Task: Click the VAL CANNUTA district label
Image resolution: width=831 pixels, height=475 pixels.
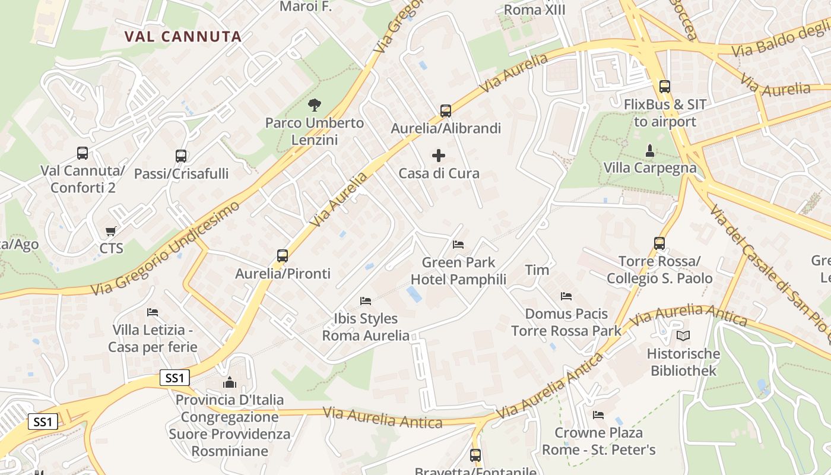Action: (x=183, y=37)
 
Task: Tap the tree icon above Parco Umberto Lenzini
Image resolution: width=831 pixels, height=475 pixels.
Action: (x=315, y=105)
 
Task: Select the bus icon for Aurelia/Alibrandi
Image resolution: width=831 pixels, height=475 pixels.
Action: (x=446, y=110)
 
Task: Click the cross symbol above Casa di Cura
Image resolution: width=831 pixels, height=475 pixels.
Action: (x=439, y=156)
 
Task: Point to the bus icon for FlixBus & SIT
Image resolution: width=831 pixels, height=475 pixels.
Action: (x=665, y=87)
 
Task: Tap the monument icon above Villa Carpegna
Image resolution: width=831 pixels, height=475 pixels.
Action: (x=650, y=150)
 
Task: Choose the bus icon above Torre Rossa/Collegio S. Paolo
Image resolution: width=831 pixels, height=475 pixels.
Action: (x=659, y=243)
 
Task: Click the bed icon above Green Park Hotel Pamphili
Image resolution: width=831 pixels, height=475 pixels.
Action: (x=458, y=244)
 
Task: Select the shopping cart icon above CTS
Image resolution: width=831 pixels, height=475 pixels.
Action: (x=111, y=231)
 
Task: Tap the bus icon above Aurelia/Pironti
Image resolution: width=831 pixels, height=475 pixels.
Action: (x=283, y=256)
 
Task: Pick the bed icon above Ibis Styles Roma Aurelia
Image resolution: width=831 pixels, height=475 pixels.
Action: (x=366, y=301)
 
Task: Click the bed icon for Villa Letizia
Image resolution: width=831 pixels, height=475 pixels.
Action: (x=153, y=312)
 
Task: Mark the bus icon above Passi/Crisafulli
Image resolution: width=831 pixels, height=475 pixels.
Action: (x=181, y=156)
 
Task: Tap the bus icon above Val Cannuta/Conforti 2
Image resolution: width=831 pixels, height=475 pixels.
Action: (x=83, y=153)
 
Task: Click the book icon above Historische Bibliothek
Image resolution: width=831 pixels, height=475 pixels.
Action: (x=683, y=336)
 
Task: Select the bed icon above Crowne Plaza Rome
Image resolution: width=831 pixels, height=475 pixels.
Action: (x=598, y=415)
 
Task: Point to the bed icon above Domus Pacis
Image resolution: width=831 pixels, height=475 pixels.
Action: (x=566, y=296)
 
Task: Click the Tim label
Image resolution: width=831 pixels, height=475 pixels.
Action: (x=537, y=270)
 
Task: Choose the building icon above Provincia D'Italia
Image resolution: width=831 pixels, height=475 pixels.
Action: (x=229, y=382)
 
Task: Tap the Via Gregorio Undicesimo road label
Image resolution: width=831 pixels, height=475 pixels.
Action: (x=166, y=248)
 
